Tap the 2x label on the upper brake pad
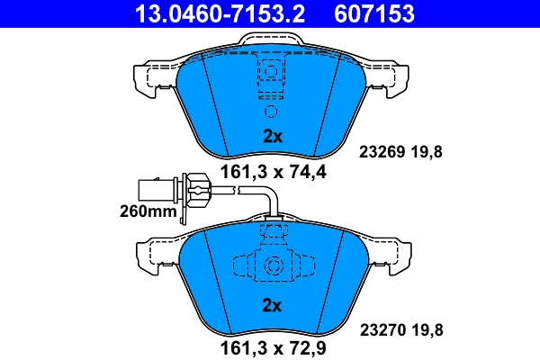[272, 138]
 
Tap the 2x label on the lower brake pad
[272, 306]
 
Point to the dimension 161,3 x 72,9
[272, 345]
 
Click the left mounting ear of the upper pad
[148, 79]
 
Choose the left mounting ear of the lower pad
[148, 256]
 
